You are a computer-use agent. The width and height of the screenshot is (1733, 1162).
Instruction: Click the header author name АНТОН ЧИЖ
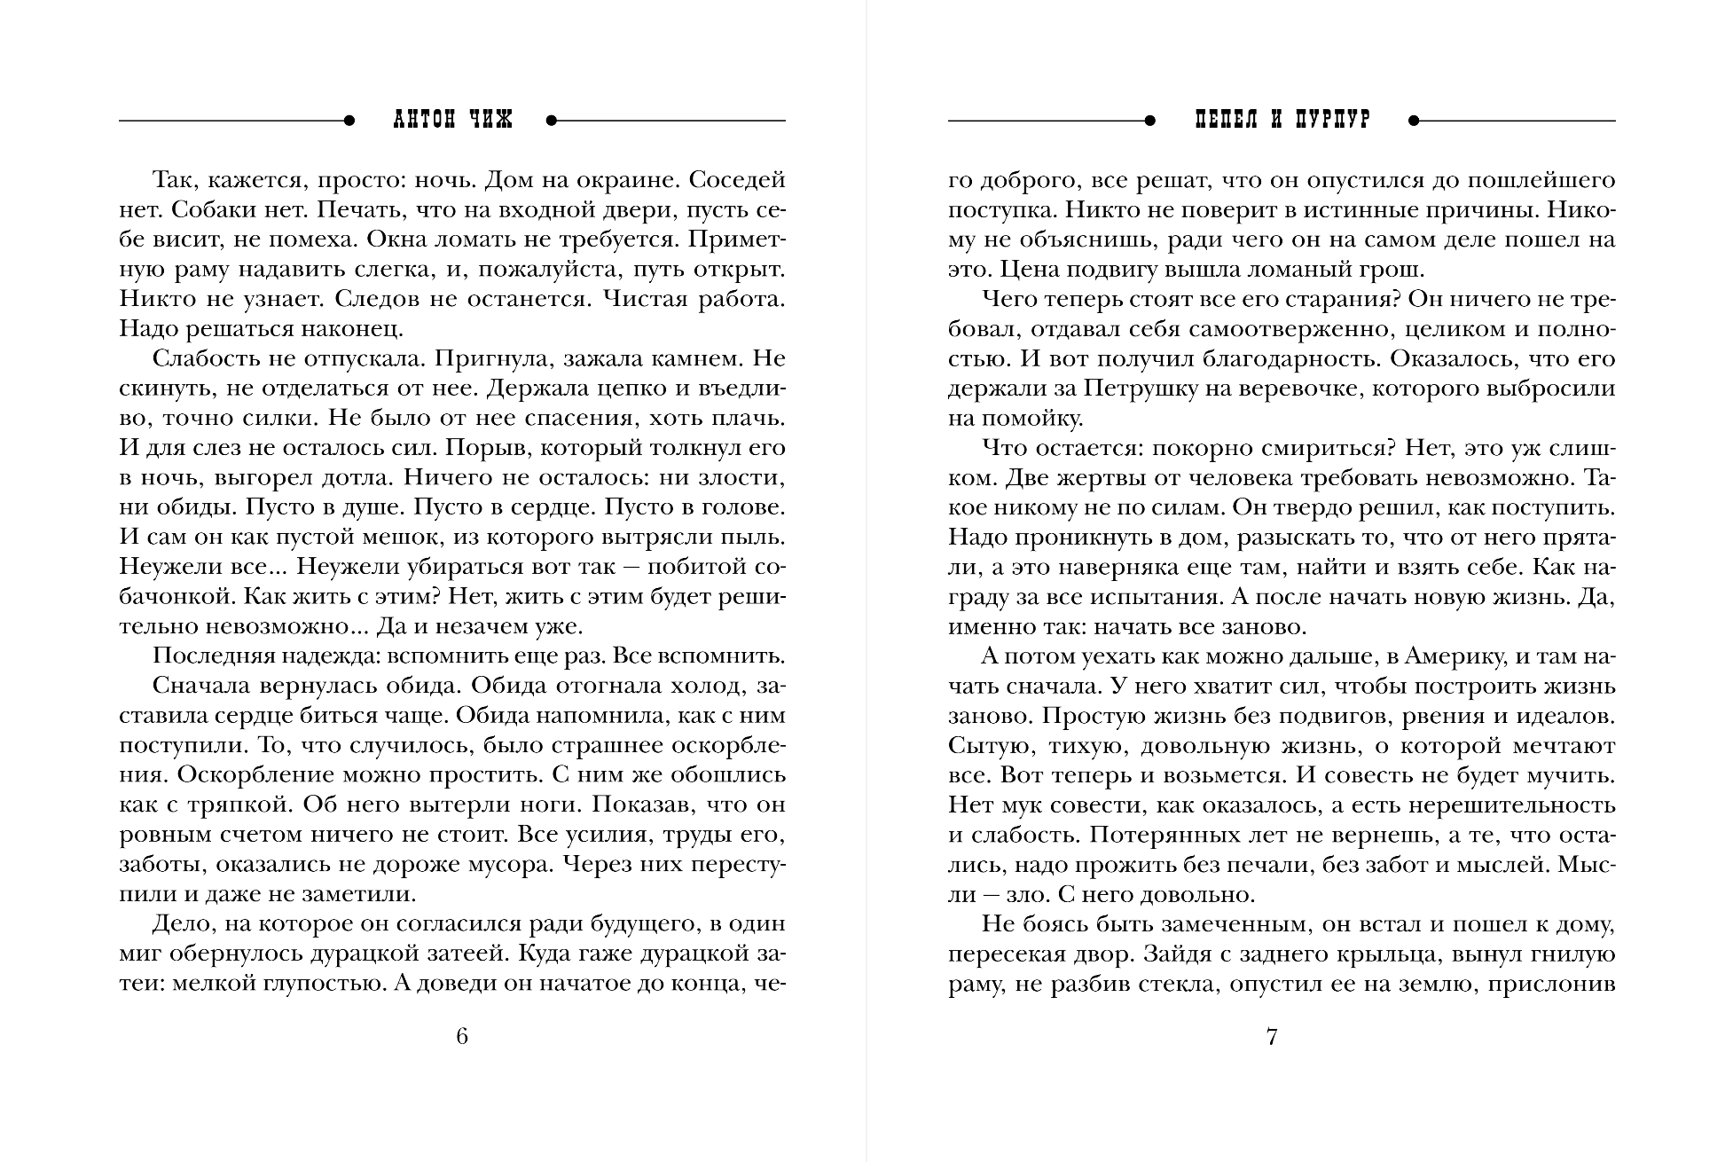(452, 121)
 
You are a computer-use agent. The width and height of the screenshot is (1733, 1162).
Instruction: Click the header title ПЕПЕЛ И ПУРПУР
(1282, 121)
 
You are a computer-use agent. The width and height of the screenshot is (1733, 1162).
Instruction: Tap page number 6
(461, 1036)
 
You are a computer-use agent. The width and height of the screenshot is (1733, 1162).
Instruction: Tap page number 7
(1272, 1036)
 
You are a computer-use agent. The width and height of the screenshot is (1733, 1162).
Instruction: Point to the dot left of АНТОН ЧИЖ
(349, 121)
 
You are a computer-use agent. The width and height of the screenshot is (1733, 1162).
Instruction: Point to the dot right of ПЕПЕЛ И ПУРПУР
(1414, 121)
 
